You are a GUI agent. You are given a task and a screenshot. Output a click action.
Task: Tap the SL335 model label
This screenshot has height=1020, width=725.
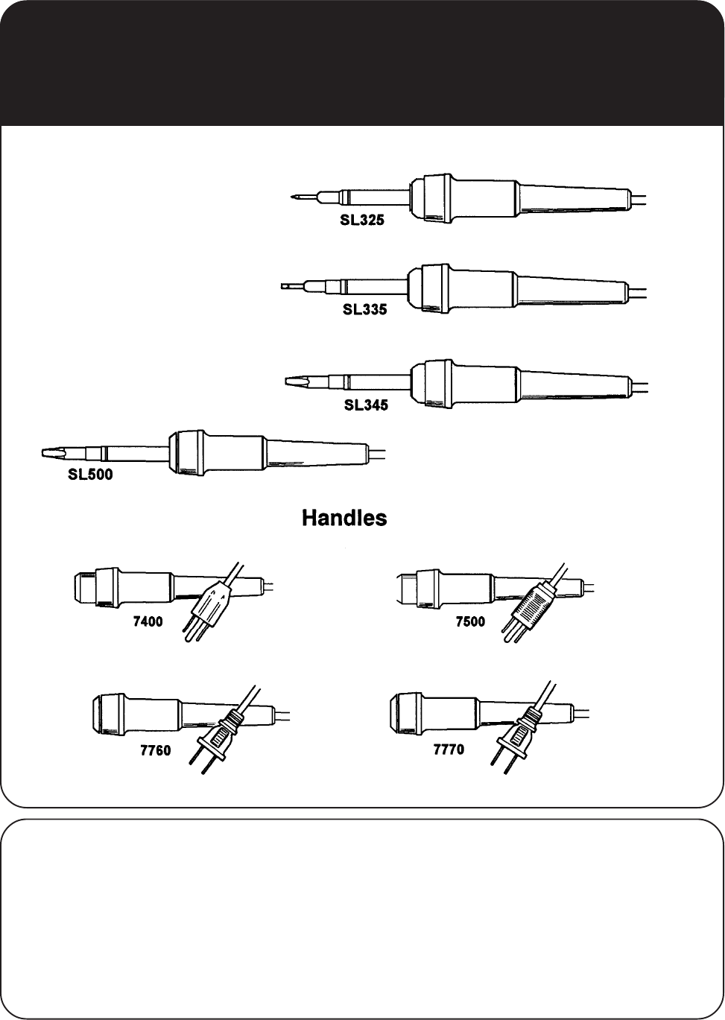coord(364,309)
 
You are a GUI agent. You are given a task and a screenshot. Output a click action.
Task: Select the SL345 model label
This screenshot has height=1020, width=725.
coord(366,406)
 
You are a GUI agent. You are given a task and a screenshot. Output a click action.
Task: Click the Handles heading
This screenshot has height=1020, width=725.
coord(344,518)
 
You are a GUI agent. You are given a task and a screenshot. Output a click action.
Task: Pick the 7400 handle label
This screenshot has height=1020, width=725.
coord(148,622)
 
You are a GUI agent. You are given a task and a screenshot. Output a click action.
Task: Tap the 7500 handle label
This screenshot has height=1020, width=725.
coord(470,622)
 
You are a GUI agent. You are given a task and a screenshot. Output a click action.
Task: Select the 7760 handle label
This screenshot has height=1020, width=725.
coord(156,750)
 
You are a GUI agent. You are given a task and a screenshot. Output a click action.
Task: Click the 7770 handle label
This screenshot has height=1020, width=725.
coord(449,750)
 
